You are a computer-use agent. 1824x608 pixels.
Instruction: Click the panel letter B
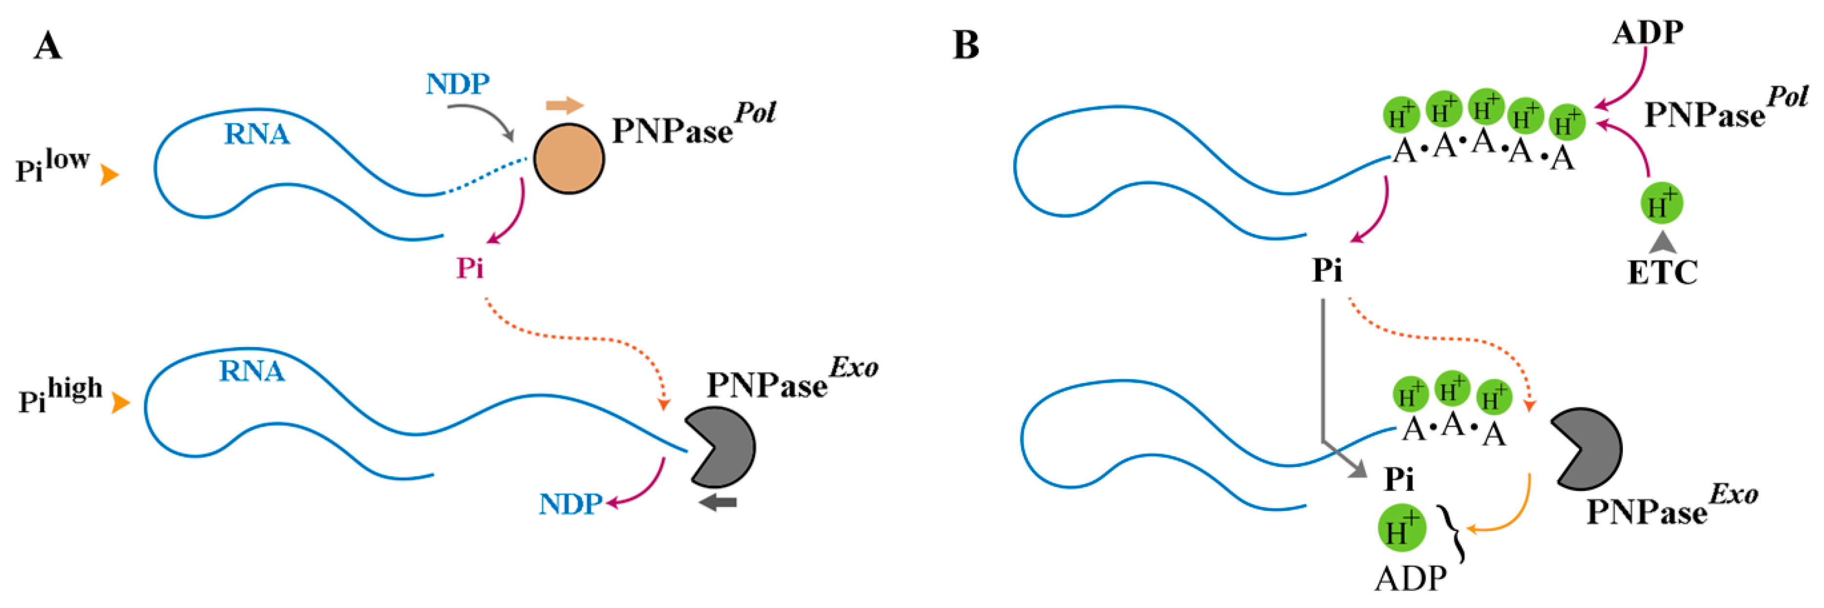[x=966, y=45]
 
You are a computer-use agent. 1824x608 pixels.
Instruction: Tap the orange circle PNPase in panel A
[x=569, y=159]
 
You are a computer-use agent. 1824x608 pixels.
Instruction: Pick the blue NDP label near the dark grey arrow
[x=570, y=504]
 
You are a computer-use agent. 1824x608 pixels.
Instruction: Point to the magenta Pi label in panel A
[x=470, y=268]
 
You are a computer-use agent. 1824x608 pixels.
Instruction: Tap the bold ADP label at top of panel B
[x=1648, y=33]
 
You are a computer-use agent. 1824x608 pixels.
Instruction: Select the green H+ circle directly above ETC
[x=1661, y=204]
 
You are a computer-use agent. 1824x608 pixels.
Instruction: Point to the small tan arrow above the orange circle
[x=564, y=106]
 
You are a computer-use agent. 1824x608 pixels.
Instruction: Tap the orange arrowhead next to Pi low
[x=108, y=175]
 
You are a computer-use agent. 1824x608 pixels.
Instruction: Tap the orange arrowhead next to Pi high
[x=121, y=404]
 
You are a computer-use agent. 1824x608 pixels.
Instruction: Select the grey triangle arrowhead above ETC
[x=1662, y=243]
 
